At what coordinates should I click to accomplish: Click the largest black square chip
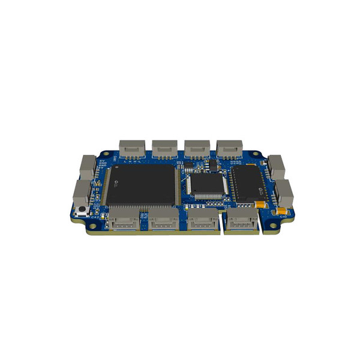pyautogui.click(x=142, y=184)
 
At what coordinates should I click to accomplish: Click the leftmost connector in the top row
pyautogui.click(x=131, y=147)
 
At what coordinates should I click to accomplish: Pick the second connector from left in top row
pyautogui.click(x=164, y=147)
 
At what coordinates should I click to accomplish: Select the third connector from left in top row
pyautogui.click(x=196, y=147)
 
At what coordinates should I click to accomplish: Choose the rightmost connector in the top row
pyautogui.click(x=229, y=147)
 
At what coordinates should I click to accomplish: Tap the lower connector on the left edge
pyautogui.click(x=82, y=193)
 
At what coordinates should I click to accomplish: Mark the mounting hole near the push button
pyautogui.click(x=92, y=226)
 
